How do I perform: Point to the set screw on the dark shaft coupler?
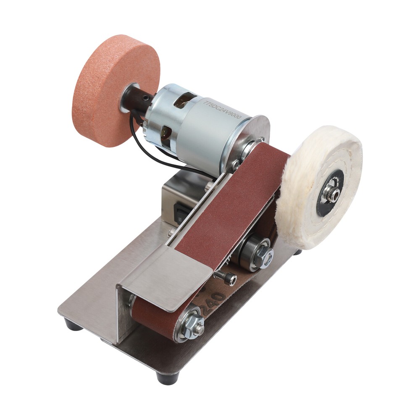[x=146, y=98]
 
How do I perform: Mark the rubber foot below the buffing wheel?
[x=297, y=252]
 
